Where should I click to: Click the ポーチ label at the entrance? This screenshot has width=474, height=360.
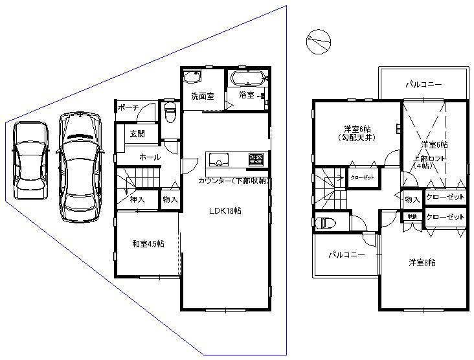[x=130, y=107]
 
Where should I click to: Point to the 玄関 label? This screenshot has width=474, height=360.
[x=137, y=134]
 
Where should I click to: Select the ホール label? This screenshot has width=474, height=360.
[x=150, y=157]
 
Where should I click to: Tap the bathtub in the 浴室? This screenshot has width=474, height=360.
[x=246, y=80]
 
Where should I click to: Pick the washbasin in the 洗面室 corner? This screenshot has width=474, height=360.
[x=192, y=78]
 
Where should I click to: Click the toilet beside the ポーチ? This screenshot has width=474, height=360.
[x=170, y=113]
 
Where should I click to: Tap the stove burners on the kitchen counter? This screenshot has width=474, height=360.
[x=255, y=160]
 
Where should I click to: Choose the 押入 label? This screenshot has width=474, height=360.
[x=137, y=200]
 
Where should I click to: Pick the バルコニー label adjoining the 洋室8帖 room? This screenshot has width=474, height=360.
[x=345, y=255]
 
